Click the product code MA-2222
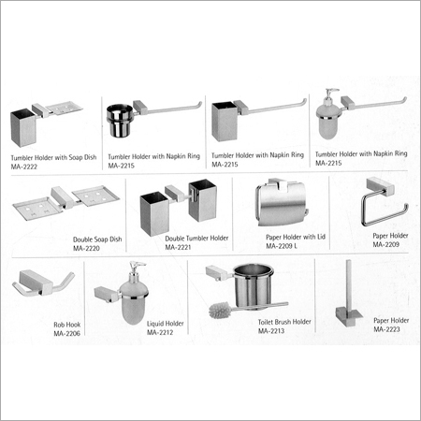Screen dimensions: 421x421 click(24, 167)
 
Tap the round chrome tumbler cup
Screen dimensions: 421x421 click(120, 121)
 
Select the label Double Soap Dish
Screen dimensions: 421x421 click(97, 240)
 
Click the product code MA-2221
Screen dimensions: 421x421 click(178, 247)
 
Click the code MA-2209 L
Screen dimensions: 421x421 click(282, 246)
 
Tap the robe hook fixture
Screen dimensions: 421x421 click(43, 283)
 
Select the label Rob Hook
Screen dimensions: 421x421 click(67, 325)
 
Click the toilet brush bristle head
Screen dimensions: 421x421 click(221, 311)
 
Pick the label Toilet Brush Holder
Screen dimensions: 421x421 click(284, 322)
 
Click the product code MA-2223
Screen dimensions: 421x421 click(386, 329)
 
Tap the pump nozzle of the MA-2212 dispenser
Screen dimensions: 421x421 click(138, 265)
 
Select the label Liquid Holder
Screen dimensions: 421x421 click(166, 324)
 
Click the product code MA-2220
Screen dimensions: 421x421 click(86, 248)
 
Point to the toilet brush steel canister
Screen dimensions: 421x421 click(253, 286)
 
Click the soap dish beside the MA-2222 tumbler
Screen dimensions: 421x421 click(65, 108)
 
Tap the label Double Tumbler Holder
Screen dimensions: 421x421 click(196, 239)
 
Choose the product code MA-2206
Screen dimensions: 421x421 click(67, 333)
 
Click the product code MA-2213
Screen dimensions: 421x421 click(271, 331)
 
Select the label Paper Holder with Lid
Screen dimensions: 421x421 click(296, 237)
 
